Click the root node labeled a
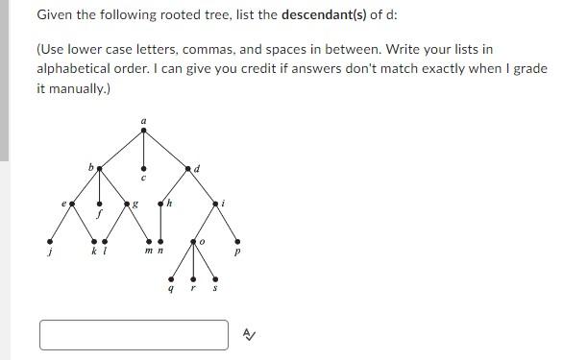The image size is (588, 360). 144,130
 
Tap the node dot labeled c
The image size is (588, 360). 144,169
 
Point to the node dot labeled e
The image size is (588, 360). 71,204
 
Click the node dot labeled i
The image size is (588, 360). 214,204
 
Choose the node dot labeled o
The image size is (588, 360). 193,240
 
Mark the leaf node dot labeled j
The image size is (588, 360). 50,240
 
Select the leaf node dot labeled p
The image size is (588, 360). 236,241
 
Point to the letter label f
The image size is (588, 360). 100,216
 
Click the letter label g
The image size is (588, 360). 135,203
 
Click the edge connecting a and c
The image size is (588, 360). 144,150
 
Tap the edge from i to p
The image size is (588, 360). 226,223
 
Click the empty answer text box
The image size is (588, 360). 134,335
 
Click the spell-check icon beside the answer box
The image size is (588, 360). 248,335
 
